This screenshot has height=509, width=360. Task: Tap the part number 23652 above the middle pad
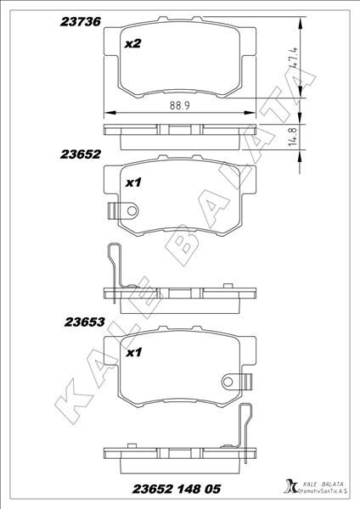coord(82,154)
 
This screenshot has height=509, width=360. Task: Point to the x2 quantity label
coord(132,44)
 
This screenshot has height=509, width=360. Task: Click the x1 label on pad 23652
coord(132,182)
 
